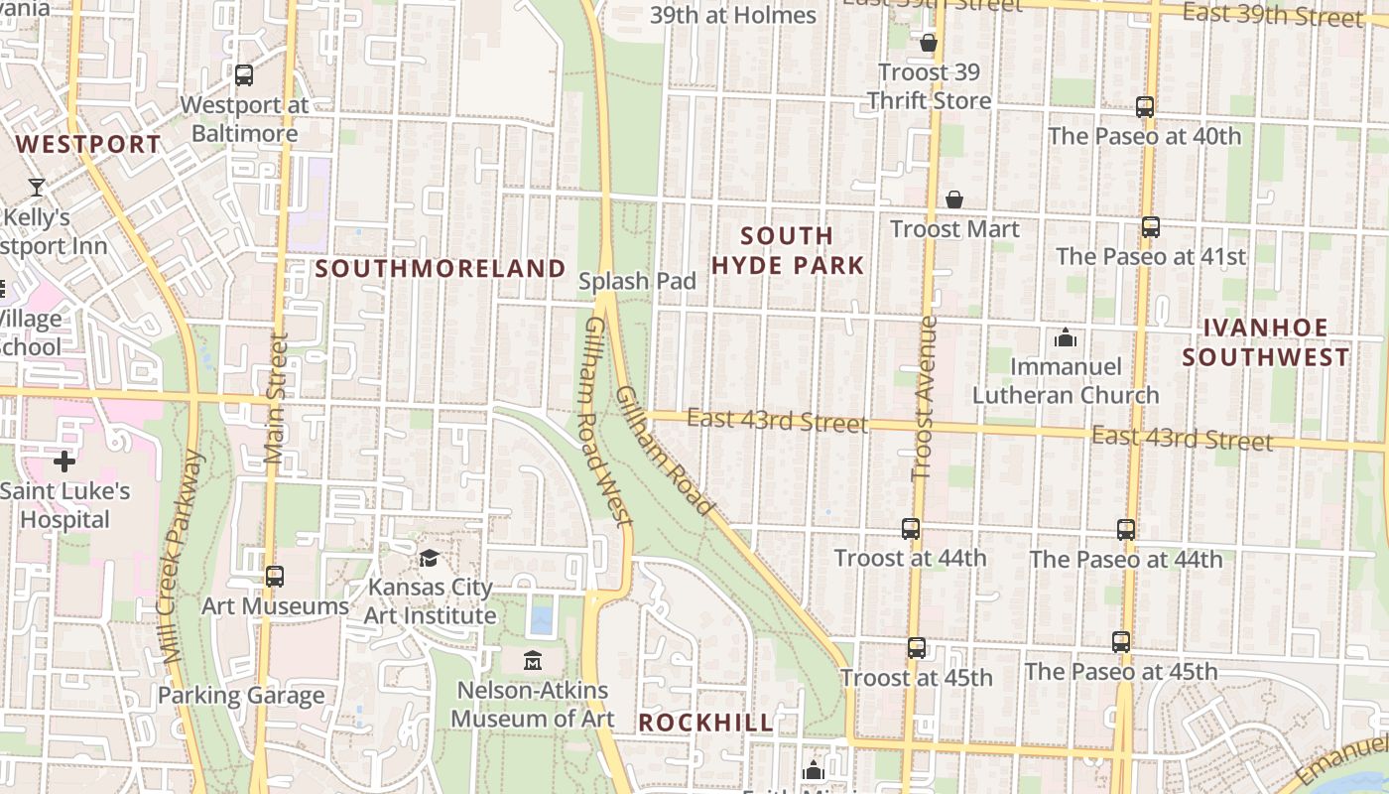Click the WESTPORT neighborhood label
88,145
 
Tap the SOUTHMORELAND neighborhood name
441,269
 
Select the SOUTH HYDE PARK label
802,250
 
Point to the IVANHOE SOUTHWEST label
1265,342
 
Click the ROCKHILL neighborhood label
705,723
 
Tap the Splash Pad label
637,281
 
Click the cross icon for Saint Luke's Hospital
64,462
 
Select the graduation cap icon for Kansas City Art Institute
429,559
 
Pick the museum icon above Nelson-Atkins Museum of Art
533,660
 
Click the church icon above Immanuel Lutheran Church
1066,338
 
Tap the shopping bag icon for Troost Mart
953,200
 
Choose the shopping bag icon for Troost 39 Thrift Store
929,43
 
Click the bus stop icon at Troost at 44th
910,529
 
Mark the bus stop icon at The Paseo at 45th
1121,642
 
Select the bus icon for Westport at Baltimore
244,75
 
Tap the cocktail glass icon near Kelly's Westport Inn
37,187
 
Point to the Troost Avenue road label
924,397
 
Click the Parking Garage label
241,696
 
